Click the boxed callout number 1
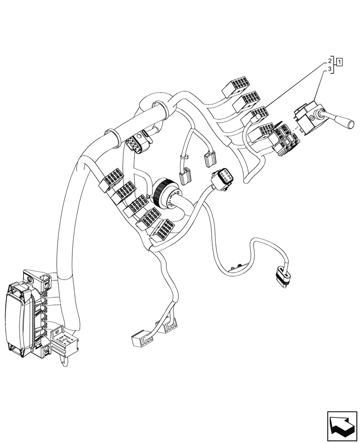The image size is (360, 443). [x=339, y=62]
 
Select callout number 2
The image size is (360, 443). [x=330, y=60]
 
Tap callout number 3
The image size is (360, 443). [x=330, y=70]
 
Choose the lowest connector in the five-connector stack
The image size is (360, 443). [x=163, y=229]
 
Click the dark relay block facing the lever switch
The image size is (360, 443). [x=283, y=138]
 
